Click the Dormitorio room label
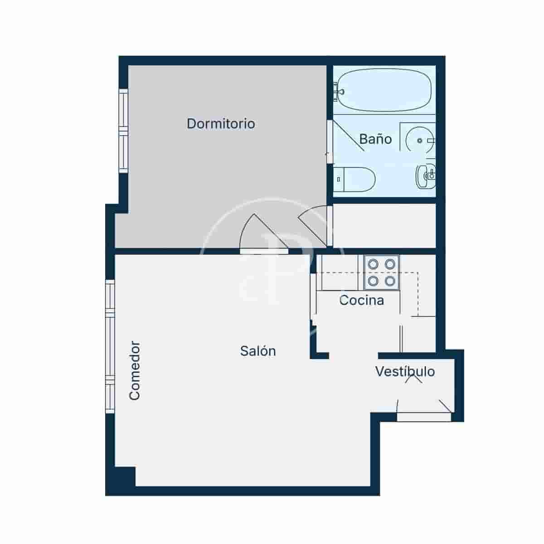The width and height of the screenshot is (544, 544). coord(221,123)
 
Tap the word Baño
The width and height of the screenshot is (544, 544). coord(375,139)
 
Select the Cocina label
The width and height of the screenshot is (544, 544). coord(361,300)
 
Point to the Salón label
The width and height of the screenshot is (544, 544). coord(258,351)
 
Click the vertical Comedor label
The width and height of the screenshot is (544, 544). coord(135,371)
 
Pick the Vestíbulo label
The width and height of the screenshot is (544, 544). coord(405,372)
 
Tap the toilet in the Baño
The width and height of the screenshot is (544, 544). coord(356,179)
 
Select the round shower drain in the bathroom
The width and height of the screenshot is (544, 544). coord(420,141)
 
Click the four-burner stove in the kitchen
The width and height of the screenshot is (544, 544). coord(381,272)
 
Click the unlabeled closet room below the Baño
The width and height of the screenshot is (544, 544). coord(384,225)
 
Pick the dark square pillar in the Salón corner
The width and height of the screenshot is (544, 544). coord(125,476)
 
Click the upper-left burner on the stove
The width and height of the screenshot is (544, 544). coord(373,264)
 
